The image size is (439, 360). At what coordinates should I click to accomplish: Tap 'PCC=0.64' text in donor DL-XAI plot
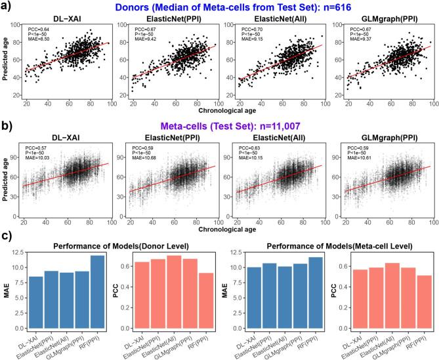(38, 29)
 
